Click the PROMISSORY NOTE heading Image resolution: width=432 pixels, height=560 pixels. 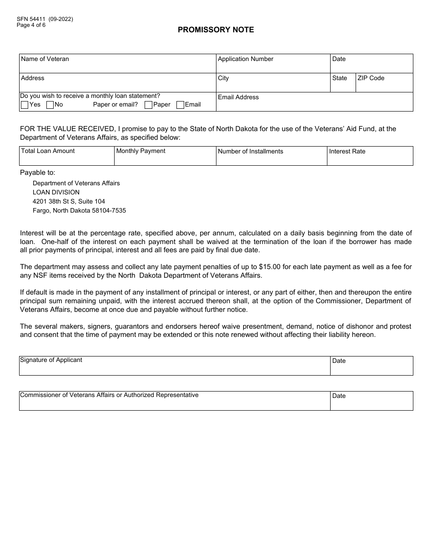(216, 30)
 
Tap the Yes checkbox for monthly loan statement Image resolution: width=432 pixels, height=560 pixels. (25, 105)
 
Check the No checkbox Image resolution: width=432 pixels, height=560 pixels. (50, 105)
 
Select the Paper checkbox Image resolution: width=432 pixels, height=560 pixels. (148, 105)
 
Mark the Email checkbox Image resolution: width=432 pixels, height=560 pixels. (180, 105)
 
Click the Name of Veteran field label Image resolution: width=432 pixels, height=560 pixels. (45, 59)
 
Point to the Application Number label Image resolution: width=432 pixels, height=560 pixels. (246, 59)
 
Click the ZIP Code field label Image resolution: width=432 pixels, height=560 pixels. (371, 78)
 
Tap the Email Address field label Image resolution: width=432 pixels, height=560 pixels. (238, 97)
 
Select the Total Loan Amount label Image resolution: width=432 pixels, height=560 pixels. (48, 151)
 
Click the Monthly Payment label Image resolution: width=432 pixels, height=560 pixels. (141, 151)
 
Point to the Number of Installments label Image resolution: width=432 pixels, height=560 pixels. (250, 152)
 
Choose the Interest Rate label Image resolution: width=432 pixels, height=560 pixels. (347, 152)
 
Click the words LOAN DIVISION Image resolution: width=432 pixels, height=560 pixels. (56, 193)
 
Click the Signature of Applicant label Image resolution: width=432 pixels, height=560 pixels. (51, 360)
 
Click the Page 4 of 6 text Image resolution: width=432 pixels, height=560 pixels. (31, 25)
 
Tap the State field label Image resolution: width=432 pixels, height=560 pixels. (339, 78)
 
